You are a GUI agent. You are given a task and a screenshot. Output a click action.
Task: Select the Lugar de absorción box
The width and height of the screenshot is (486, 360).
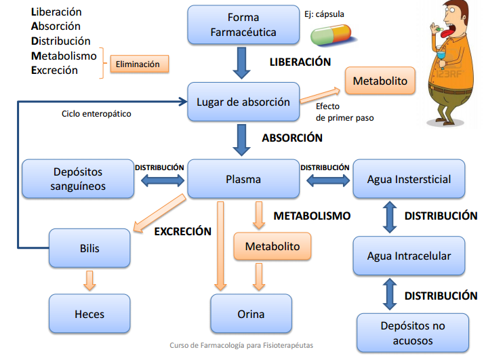243,102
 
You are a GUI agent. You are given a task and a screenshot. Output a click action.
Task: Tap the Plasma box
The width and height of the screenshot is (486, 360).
243,180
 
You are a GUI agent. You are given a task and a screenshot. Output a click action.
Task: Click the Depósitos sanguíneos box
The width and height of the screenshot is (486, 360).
77,180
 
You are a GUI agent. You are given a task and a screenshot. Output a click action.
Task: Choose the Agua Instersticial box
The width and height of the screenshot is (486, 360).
409,180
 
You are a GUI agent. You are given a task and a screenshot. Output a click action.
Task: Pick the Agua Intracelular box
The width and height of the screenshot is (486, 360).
409,256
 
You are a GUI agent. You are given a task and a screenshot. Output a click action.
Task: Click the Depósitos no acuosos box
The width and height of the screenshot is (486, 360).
411,333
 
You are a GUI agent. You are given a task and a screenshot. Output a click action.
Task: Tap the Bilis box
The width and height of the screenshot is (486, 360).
89,248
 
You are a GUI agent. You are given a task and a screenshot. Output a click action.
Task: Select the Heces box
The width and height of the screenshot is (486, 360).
89,315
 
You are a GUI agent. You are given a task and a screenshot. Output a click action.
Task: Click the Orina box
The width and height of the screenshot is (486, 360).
251,315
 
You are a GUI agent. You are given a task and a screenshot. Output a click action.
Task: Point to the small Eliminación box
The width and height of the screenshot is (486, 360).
138,64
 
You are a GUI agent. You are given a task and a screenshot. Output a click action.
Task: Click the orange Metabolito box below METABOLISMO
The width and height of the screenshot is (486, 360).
272,247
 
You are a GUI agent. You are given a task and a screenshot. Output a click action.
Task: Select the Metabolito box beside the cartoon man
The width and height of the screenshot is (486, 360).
380,81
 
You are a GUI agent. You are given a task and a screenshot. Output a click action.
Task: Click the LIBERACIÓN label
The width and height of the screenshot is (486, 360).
300,62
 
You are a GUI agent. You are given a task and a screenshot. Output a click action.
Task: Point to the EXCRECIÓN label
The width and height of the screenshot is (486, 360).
183,231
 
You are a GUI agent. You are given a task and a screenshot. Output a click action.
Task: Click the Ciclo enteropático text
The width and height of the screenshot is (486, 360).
96,114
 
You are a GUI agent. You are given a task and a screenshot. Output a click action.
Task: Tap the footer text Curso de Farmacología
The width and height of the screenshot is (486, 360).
241,345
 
